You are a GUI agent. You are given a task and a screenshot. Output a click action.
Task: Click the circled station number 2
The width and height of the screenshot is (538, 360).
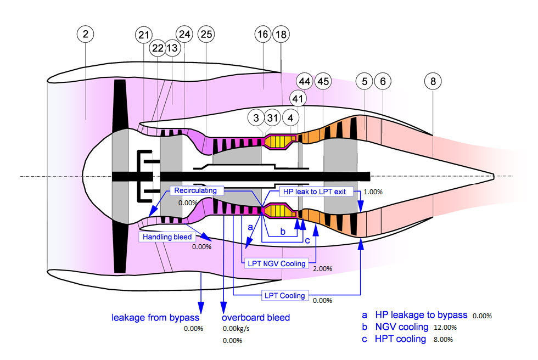pyautogui.click(x=85, y=34)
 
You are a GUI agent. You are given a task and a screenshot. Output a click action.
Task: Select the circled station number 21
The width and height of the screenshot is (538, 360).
pyautogui.click(x=144, y=35)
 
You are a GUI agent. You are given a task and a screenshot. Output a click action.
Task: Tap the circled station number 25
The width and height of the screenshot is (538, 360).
pyautogui.click(x=206, y=35)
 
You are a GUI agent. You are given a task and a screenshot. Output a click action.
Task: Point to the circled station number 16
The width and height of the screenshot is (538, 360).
pyautogui.click(x=262, y=34)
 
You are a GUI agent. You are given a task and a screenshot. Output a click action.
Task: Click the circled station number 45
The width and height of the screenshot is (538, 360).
pyautogui.click(x=323, y=81)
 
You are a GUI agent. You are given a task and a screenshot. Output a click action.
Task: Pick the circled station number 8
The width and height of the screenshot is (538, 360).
pyautogui.click(x=433, y=81)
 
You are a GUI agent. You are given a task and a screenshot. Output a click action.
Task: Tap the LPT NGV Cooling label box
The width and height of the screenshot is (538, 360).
pyautogui.click(x=277, y=263)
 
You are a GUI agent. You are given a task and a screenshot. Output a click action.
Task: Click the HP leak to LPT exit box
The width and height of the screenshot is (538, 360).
pyautogui.click(x=313, y=192)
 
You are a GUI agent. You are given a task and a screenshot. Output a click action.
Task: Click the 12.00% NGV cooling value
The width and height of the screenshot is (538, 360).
pyautogui.click(x=445, y=328)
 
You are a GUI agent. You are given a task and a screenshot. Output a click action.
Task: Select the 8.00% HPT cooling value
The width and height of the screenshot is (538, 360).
pyautogui.click(x=442, y=340)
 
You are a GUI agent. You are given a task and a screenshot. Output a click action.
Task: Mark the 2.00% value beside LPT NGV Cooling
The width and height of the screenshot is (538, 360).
pyautogui.click(x=323, y=269)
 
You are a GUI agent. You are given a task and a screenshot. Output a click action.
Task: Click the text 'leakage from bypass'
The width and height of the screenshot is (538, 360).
pyautogui.click(x=155, y=317)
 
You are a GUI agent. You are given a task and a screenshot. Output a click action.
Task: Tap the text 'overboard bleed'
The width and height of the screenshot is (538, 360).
pyautogui.click(x=255, y=317)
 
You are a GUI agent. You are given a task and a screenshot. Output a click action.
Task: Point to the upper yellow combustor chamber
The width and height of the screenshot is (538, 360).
pyautogui.click(x=280, y=142)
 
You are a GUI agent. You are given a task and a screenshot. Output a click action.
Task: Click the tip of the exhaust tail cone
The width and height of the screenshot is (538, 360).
pyautogui.click(x=494, y=176)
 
